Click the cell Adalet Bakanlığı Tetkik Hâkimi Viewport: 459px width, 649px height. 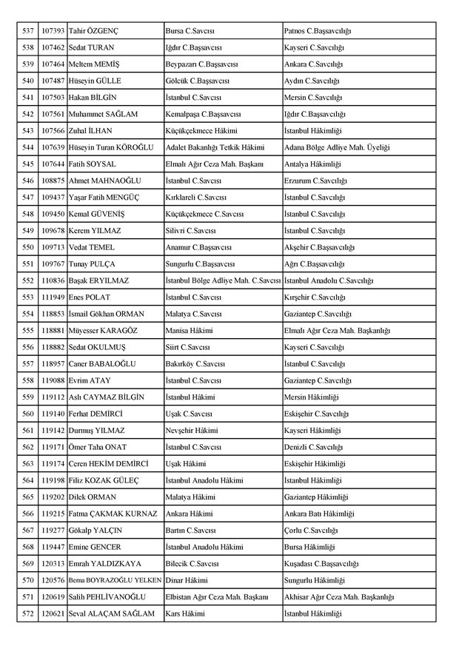[x=214, y=147]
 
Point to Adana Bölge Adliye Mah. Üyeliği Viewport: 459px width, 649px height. [x=337, y=147]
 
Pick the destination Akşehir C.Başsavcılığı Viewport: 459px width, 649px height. [x=320, y=247]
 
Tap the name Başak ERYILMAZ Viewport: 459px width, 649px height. [x=98, y=280]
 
